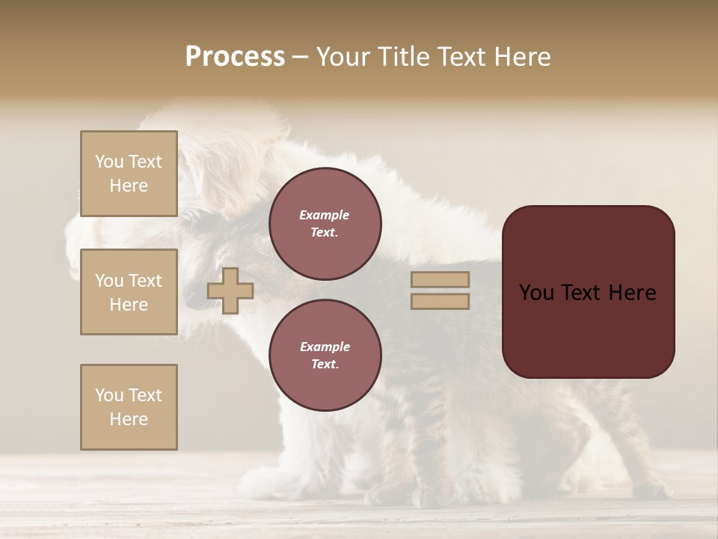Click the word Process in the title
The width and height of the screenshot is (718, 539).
pos(235,57)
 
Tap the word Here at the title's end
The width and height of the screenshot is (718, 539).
pos(520,57)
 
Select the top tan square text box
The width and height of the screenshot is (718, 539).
pos(129,174)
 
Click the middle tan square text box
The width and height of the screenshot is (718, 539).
pos(129,292)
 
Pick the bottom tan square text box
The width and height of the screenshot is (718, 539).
pos(129,407)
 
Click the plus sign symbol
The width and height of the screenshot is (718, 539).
pos(230,290)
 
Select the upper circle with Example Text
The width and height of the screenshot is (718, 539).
pos(325,224)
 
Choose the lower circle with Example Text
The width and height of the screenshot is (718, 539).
pos(325,356)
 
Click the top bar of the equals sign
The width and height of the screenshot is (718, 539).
pos(440,279)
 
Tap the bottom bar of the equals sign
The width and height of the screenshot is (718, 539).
pos(440,301)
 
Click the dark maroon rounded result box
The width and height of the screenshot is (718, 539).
pos(588,329)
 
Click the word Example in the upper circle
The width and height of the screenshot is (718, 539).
pos(324,215)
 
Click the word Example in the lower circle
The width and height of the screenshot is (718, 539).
pos(324,347)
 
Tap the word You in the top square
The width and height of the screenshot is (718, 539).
pos(108,162)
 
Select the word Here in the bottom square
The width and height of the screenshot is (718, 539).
pos(129,419)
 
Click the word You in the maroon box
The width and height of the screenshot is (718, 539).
pos(536,293)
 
